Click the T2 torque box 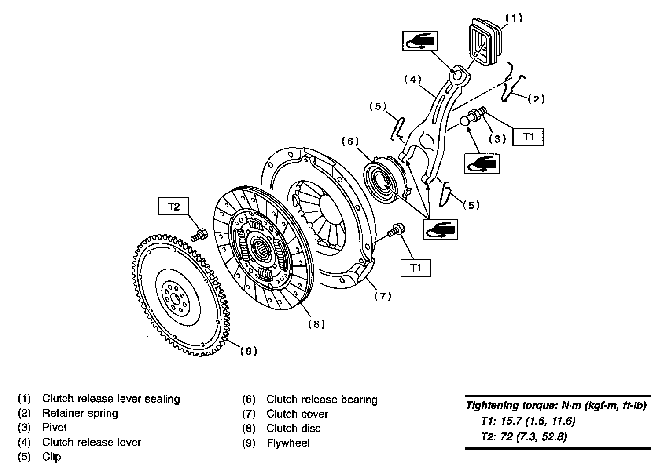click(x=174, y=206)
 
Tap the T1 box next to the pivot click(x=528, y=136)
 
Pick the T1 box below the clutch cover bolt click(x=416, y=267)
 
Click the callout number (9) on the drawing click(x=248, y=351)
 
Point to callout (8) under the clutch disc click(x=316, y=324)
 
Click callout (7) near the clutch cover click(x=382, y=297)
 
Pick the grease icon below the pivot click(x=482, y=164)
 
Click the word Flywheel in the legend click(x=288, y=443)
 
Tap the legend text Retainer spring click(x=80, y=413)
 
